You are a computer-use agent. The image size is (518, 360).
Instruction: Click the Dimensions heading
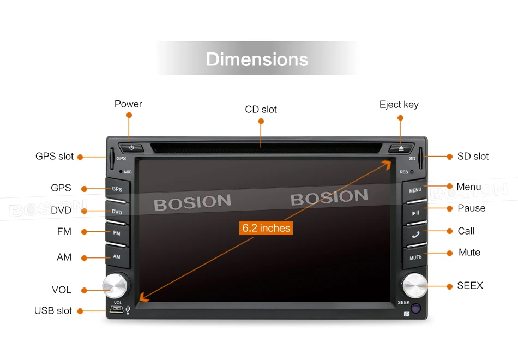(257, 59)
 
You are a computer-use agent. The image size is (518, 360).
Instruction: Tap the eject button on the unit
(401, 148)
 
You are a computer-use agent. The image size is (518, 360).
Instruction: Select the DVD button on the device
(117, 212)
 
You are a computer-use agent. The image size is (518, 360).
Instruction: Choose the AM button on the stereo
(117, 256)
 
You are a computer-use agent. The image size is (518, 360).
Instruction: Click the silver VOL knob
(116, 285)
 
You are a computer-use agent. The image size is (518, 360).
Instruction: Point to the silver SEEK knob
(414, 285)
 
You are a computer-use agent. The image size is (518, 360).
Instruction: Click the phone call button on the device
(415, 235)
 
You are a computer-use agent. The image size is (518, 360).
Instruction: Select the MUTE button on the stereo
(415, 257)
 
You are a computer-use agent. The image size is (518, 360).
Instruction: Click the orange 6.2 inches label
(266, 228)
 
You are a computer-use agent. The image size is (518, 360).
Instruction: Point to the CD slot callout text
(261, 110)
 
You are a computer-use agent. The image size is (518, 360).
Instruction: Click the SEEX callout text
(470, 286)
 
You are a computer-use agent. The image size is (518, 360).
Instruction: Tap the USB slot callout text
(53, 311)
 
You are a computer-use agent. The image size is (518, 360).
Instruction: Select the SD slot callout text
(473, 157)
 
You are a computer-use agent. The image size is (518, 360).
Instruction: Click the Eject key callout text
(399, 105)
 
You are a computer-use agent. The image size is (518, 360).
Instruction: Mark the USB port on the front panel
(116, 310)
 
